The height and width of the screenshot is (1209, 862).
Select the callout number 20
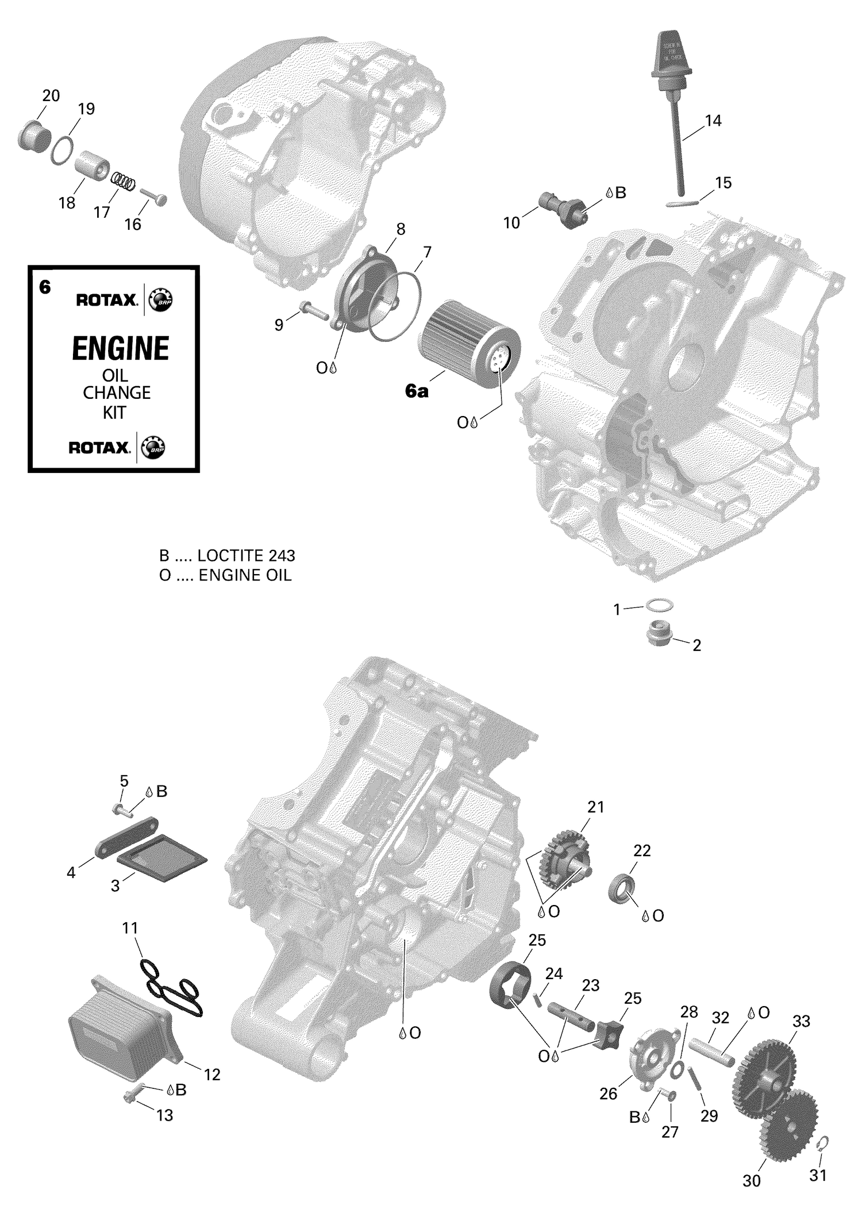point(51,95)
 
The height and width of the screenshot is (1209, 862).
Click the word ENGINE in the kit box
point(120,348)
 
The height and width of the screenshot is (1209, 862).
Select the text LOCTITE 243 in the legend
point(246,556)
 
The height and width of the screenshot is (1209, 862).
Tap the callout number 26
point(608,1094)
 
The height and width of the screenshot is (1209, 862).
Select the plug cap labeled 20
point(33,136)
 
